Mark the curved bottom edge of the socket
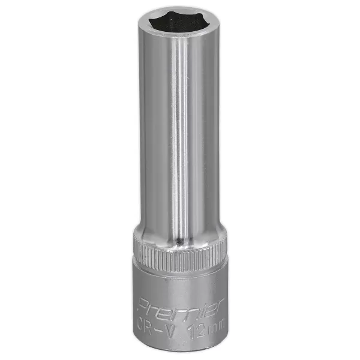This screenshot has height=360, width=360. (x=180, y=349)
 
